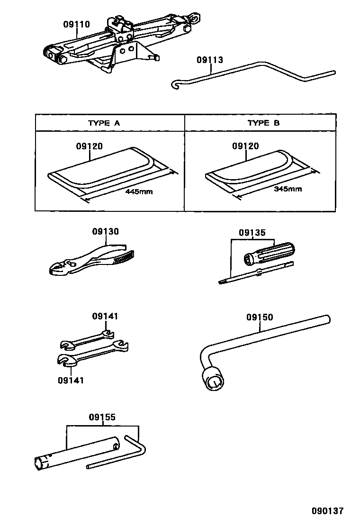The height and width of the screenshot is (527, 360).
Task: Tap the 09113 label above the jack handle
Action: (209, 60)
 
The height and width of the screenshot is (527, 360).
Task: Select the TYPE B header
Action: (264, 123)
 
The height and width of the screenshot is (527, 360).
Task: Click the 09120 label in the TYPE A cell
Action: (89, 147)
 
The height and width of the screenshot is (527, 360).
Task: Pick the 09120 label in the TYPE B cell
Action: (245, 146)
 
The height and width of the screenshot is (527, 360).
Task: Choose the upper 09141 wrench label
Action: (105, 316)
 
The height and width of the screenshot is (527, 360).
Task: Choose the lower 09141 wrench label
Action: (71, 380)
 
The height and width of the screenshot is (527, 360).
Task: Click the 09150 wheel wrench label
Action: (260, 317)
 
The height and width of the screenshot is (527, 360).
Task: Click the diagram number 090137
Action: (327, 511)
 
